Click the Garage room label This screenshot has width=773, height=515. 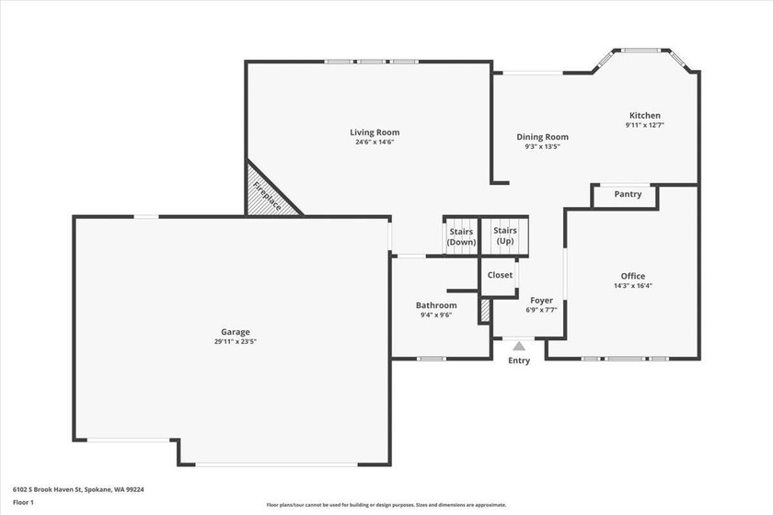click(236, 332)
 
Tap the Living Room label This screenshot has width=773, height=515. click(375, 132)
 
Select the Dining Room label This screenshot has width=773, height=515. click(542, 137)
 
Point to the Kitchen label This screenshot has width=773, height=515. click(645, 115)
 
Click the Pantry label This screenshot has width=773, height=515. click(628, 194)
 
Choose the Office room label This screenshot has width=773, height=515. click(633, 276)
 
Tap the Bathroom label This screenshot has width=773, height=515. click(436, 305)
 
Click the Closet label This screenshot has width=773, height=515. click(500, 275)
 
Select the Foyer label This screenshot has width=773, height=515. click(541, 301)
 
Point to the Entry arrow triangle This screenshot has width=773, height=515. click(519, 346)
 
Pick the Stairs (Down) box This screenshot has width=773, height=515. click(461, 236)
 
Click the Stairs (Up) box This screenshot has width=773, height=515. click(505, 235)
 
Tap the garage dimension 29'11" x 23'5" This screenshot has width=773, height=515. click(236, 341)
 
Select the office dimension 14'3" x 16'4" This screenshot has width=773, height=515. click(633, 285)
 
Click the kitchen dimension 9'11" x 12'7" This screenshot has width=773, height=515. click(645, 125)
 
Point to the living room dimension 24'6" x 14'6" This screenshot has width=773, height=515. click(375, 142)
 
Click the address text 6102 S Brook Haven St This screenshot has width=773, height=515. click(47, 489)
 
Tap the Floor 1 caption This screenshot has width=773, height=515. click(23, 503)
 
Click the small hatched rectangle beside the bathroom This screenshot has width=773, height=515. click(485, 311)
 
